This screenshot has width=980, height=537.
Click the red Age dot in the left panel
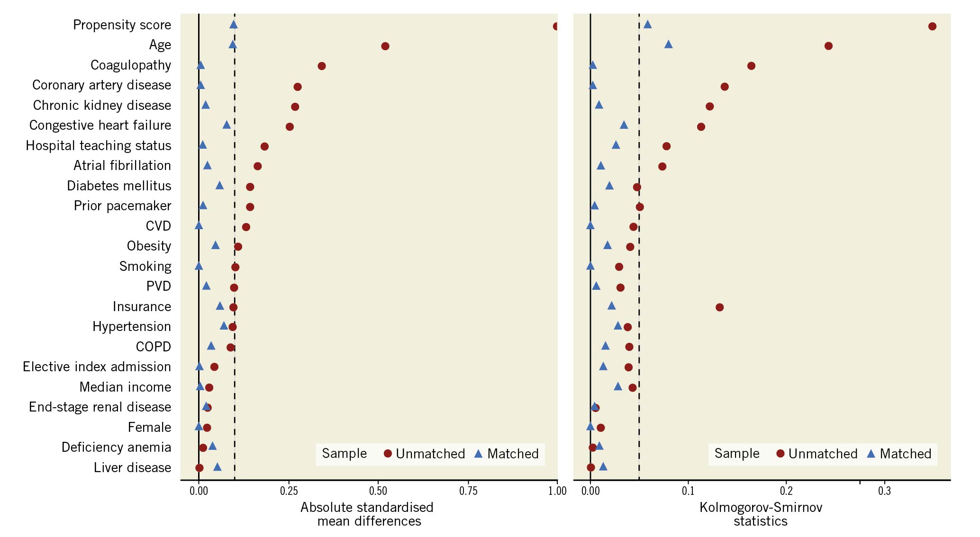click(x=385, y=46)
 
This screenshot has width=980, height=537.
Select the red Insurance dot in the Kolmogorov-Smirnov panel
click(x=719, y=307)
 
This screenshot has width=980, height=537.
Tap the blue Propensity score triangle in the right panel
click(x=647, y=25)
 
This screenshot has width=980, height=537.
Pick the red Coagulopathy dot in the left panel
click(x=321, y=66)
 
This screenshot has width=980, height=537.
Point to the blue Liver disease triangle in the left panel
click(x=217, y=467)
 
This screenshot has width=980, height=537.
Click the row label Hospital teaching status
click(x=98, y=145)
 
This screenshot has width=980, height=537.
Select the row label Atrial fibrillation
click(x=122, y=165)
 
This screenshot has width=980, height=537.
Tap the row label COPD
click(x=153, y=347)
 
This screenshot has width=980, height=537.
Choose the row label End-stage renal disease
click(x=100, y=407)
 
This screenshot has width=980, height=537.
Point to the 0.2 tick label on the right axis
click(x=786, y=491)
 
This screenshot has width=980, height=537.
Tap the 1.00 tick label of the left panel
click(x=557, y=491)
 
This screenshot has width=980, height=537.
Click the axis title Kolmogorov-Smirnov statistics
click(x=761, y=514)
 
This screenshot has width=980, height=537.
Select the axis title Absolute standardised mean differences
click(x=367, y=514)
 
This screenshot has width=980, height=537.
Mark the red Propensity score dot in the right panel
click(x=932, y=26)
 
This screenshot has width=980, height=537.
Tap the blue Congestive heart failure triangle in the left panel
click(x=227, y=125)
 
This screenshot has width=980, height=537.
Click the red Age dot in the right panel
click(x=828, y=46)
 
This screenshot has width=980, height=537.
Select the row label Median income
click(x=125, y=387)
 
